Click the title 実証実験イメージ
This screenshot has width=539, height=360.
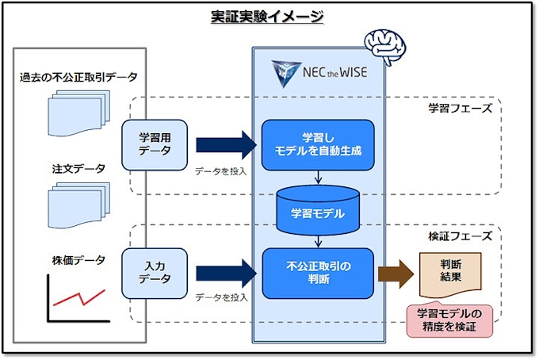[x=268, y=17]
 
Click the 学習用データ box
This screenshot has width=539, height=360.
[x=154, y=144]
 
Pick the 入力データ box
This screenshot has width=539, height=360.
[x=154, y=272]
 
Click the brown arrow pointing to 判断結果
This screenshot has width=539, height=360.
[x=396, y=273]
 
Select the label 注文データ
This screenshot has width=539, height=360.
[x=75, y=169]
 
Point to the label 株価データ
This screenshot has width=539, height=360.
[x=75, y=259]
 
